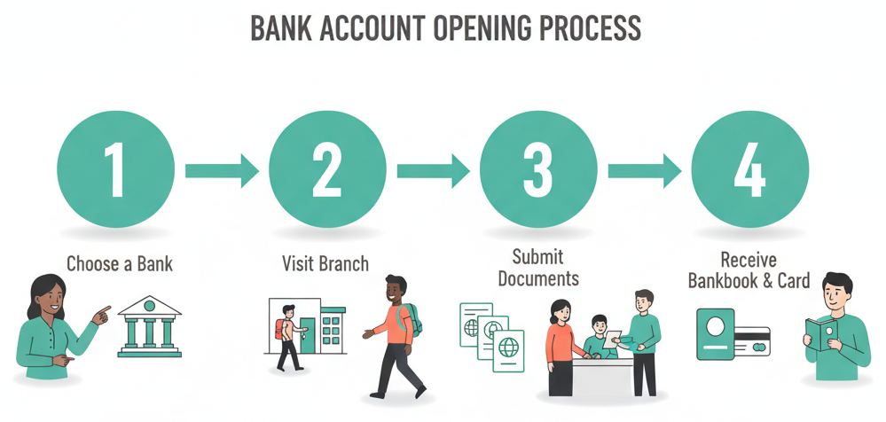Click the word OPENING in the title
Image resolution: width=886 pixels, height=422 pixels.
point(482,28)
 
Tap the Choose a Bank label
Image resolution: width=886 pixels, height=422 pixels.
point(120,263)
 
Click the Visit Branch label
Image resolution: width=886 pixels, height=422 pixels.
point(325,263)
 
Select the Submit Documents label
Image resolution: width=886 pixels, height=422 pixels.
point(538,267)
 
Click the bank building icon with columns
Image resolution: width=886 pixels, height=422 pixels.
point(149,326)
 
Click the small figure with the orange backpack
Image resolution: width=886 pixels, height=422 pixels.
point(287,337)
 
